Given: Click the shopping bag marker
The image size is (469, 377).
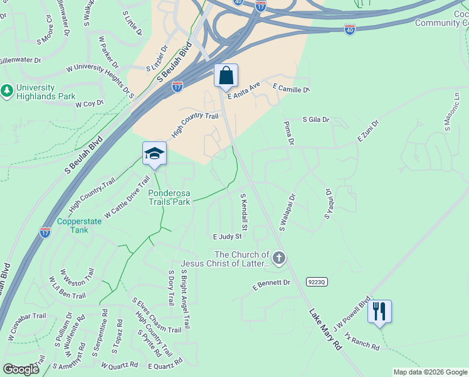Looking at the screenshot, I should [x=226, y=75].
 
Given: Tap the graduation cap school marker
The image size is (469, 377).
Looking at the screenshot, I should [x=154, y=154].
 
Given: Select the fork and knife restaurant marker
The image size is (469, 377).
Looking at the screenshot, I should [x=379, y=311].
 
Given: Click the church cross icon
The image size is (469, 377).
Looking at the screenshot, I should [x=279, y=257].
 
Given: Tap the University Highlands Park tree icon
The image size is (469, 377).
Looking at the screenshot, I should [x=7, y=92].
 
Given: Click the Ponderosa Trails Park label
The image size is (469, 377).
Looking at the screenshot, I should [x=169, y=198].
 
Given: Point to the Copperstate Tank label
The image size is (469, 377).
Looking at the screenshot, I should [x=80, y=226].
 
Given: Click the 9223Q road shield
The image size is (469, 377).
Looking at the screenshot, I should [x=317, y=282].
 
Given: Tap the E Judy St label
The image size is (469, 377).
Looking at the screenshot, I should [x=227, y=236].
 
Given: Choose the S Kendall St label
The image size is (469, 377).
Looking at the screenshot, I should [x=244, y=211].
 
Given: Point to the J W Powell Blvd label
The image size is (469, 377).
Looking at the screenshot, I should [x=352, y=314].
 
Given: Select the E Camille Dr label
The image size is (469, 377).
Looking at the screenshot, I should [x=291, y=89].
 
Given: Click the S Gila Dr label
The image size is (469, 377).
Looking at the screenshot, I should [x=316, y=119].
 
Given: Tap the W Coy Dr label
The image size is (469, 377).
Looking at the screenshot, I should [x=89, y=104].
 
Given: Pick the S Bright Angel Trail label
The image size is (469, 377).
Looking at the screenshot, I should [x=184, y=301].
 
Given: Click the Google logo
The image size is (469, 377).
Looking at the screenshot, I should [x=21, y=369].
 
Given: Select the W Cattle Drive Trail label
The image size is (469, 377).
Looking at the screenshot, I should [x=127, y=197].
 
